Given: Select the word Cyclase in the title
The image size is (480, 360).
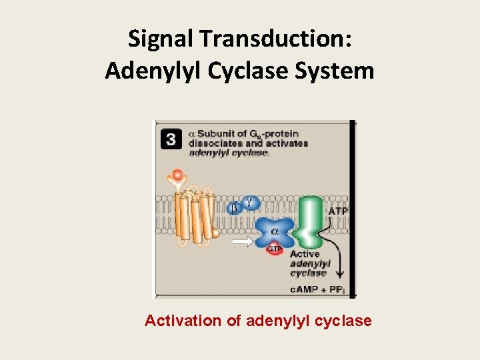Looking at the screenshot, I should click(x=254, y=70).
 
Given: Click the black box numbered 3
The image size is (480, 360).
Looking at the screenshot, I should click(x=171, y=140).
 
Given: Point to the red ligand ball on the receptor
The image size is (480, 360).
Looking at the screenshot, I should click(x=177, y=175).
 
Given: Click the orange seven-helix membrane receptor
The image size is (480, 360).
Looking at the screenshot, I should click(x=195, y=217).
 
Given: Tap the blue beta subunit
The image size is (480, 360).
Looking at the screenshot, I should click(x=233, y=208).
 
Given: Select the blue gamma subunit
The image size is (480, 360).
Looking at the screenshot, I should click(x=250, y=201).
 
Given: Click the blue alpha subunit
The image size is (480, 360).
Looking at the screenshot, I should click(x=275, y=232).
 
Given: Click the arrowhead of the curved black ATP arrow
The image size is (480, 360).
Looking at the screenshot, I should click(x=341, y=274).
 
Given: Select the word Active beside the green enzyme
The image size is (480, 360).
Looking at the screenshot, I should click(x=305, y=254).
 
